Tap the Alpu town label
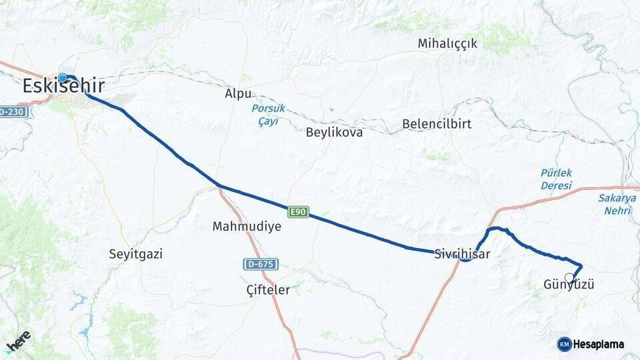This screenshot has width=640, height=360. click(238, 94)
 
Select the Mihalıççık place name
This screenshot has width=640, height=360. click(447, 44)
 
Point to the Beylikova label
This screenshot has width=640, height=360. click(334, 132)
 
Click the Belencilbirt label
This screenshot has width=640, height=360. click(437, 124)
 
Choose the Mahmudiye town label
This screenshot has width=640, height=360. click(247, 227)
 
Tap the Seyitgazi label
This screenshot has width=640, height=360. click(135, 254)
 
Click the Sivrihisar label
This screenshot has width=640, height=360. click(462, 254)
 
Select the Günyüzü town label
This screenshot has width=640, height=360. click(569, 285)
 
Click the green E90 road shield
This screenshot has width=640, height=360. click(299, 212)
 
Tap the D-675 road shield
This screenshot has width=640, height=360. click(260, 265)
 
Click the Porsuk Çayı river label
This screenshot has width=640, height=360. click(269, 115)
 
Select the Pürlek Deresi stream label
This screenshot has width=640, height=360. click(556, 179)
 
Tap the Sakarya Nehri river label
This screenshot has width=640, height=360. click(617, 203)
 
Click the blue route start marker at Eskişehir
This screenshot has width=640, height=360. click(63, 77)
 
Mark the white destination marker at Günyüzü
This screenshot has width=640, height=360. click(569, 277)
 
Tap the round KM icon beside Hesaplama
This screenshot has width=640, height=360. click(564, 344)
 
